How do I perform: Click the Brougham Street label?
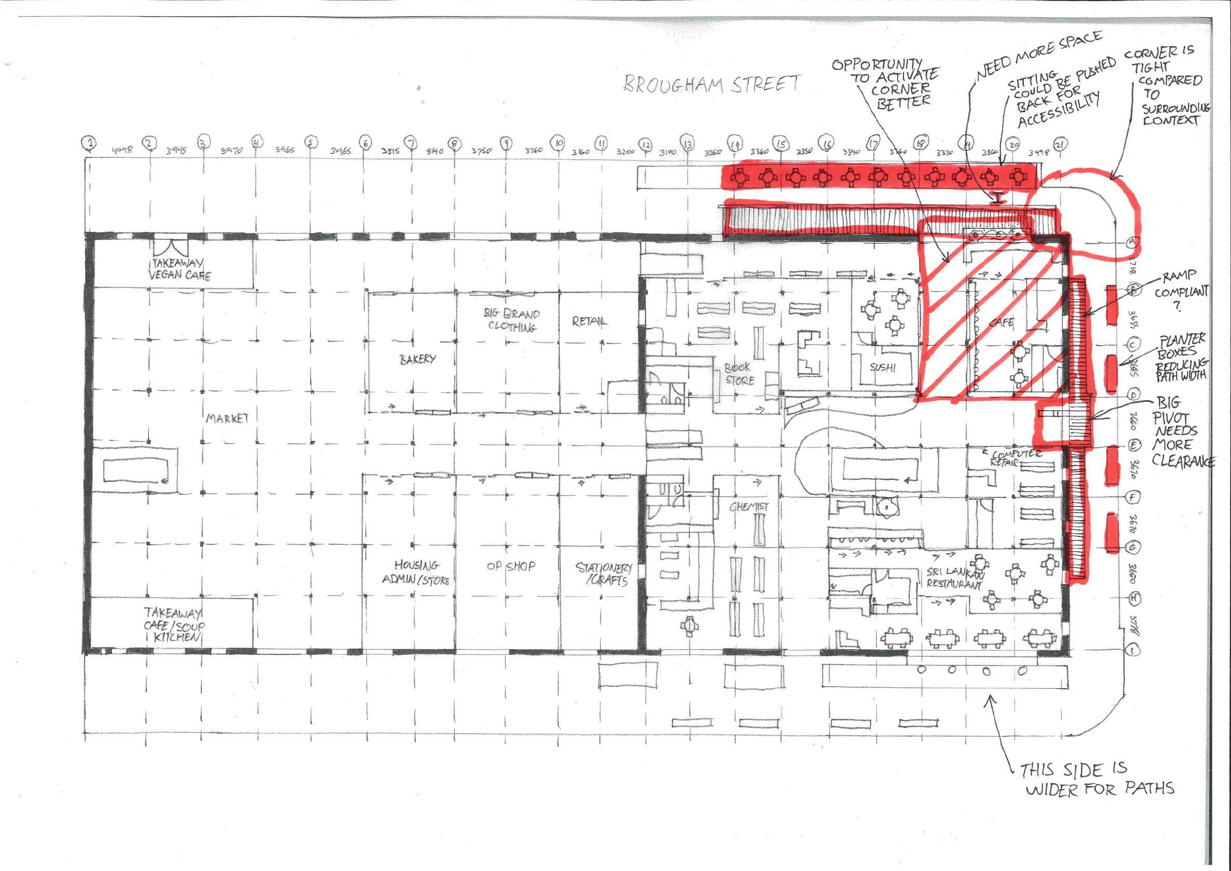tap(711, 84)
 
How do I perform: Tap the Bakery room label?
tap(417, 359)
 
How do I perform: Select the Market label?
tap(227, 418)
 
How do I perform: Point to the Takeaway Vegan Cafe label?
tap(179, 269)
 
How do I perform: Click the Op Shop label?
tap(510, 566)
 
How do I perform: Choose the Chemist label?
tap(749, 506)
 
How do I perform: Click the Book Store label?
tap(739, 374)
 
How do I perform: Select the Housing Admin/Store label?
tap(421, 572)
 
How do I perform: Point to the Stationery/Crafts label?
tap(604, 573)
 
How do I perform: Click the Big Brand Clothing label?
tap(512, 320)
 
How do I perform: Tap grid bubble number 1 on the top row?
tap(90, 143)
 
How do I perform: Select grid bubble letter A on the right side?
tap(1132, 243)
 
